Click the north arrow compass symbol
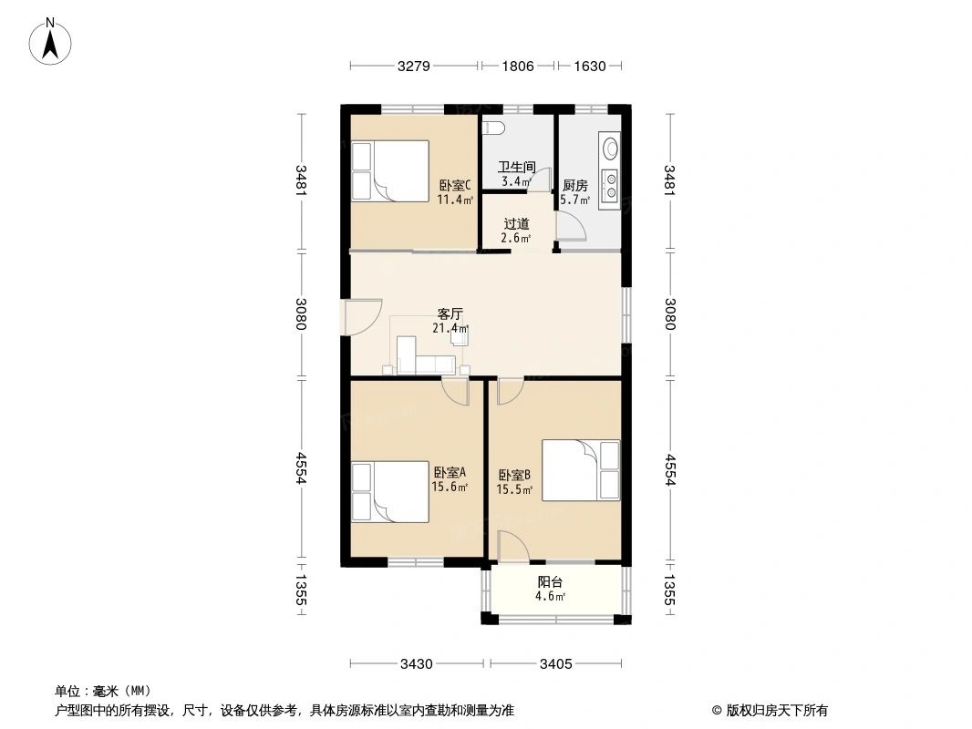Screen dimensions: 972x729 (50, 41)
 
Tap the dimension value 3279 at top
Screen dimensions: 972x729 (413, 66)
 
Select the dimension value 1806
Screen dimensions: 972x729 (518, 66)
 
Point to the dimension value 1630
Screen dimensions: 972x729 (590, 66)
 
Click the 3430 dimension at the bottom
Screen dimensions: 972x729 (416, 664)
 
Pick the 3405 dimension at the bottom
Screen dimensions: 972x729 (555, 664)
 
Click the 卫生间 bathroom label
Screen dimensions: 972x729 (516, 168)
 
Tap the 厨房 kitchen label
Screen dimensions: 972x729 (574, 185)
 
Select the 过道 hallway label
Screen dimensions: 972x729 (516, 223)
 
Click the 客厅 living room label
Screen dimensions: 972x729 (450, 314)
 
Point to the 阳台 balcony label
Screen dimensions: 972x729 (550, 582)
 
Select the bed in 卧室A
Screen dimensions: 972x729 (390, 492)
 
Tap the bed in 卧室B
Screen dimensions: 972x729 (581, 470)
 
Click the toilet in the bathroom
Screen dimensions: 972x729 (494, 128)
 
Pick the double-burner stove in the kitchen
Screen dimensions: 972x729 (611, 185)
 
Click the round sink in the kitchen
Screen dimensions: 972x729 (611, 148)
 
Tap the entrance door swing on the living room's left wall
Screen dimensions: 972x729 (362, 317)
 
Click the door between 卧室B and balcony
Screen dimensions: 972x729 (512, 547)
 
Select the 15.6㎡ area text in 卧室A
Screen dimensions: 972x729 (450, 487)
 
